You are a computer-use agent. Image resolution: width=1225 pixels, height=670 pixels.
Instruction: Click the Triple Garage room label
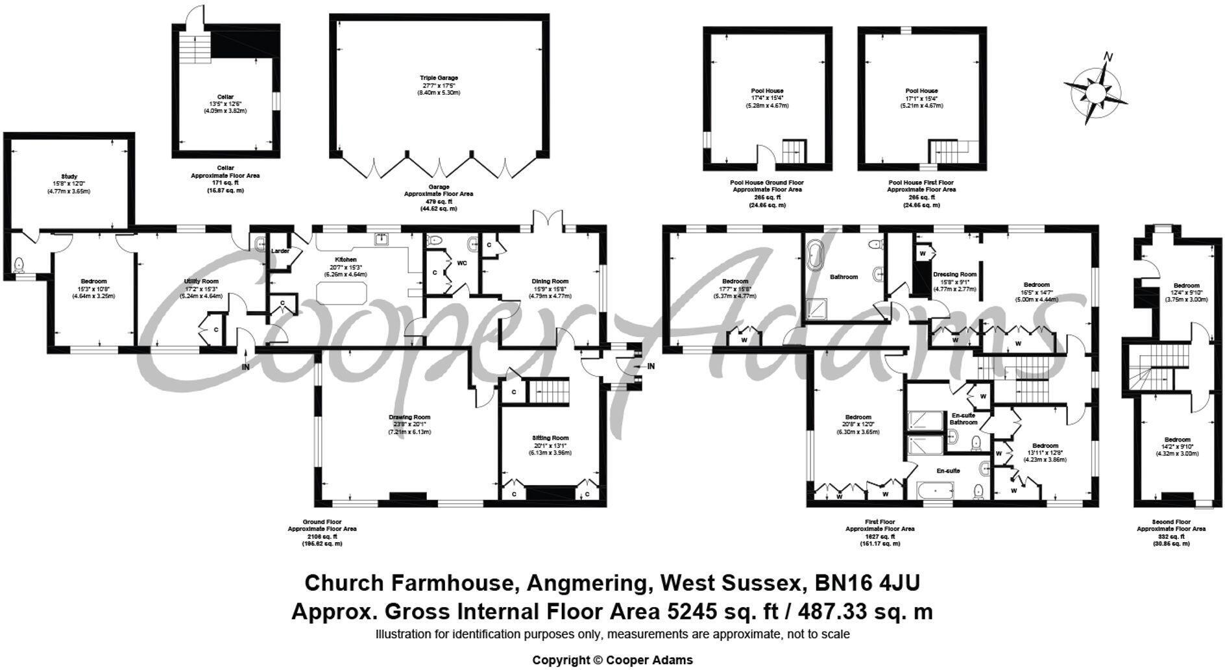point(439,78)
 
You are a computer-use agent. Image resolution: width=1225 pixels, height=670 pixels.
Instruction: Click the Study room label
point(69,177)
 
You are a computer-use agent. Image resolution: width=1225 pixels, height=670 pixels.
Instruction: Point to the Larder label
point(280,251)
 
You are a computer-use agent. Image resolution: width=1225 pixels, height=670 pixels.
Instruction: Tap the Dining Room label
point(551,281)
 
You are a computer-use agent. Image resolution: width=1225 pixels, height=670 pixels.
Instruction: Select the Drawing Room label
point(409,417)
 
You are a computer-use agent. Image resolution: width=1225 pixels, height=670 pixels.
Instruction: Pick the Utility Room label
point(202,281)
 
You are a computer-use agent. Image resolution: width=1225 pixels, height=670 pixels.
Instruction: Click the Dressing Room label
point(954,274)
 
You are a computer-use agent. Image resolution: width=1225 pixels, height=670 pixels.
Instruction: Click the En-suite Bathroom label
point(964,419)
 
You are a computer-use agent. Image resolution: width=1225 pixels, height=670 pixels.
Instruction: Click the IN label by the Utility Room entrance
point(246,367)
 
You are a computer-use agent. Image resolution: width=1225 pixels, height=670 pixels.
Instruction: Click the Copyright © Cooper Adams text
point(612,660)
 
